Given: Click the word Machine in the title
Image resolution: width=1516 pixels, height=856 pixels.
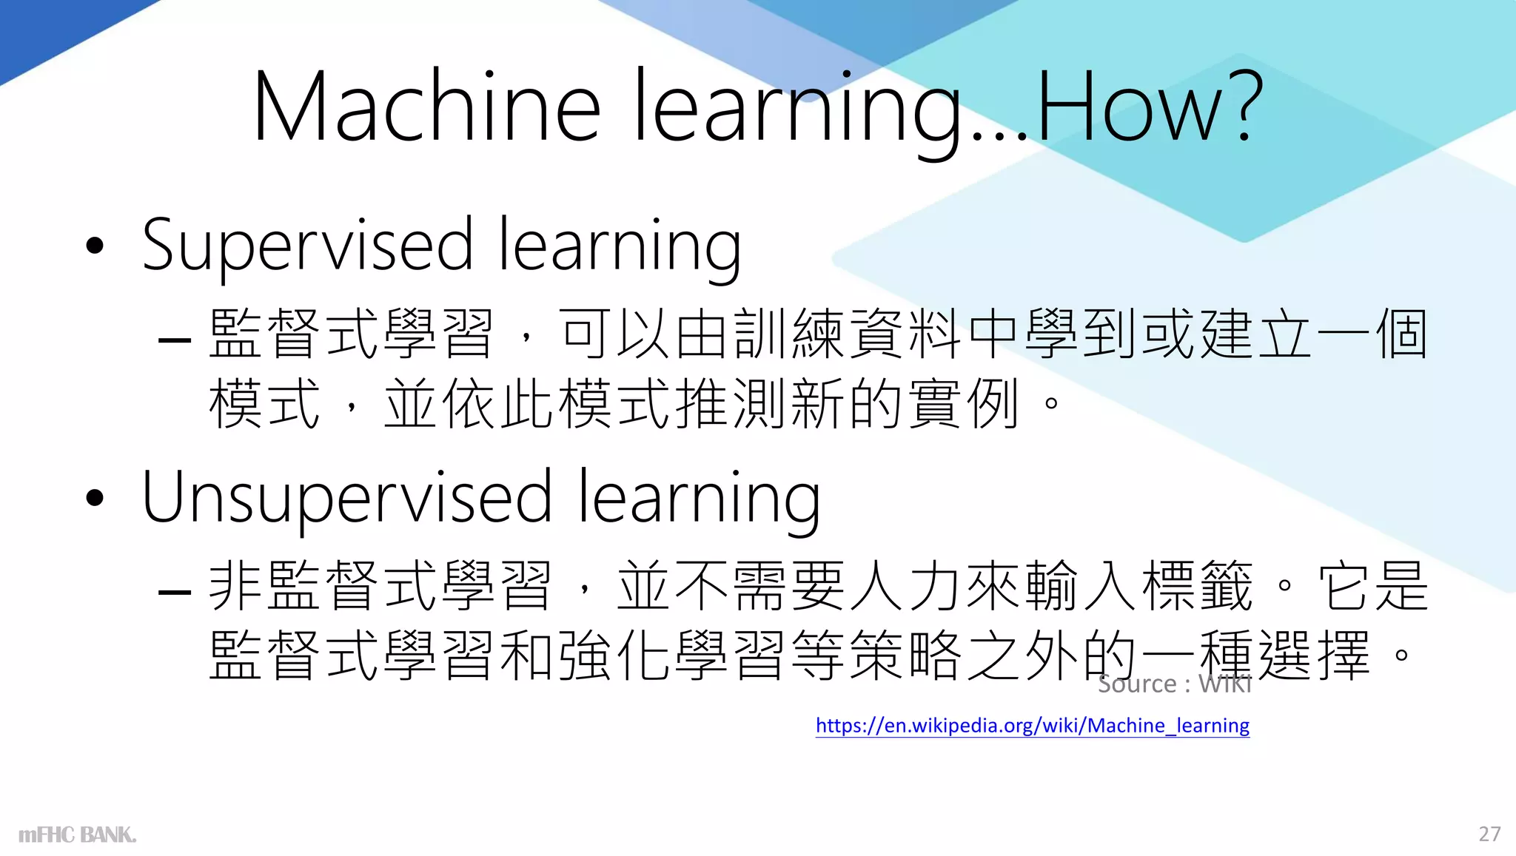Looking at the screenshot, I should (426, 107).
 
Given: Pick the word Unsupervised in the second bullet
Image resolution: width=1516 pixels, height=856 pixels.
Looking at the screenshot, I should (347, 497).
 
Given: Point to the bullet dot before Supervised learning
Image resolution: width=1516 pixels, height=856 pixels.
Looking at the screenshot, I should (95, 246).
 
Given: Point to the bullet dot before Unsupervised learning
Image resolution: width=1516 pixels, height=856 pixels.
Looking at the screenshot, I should (95, 498).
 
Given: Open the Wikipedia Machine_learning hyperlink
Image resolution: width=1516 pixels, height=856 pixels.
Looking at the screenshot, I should (1032, 725).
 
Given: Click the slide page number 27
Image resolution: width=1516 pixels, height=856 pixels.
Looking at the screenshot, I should (1489, 834).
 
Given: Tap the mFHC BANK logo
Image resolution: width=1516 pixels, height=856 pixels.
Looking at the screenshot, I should (78, 835).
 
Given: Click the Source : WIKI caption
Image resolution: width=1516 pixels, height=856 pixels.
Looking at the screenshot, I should (1174, 684).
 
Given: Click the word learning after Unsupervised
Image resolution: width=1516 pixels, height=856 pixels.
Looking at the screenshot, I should (699, 497).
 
